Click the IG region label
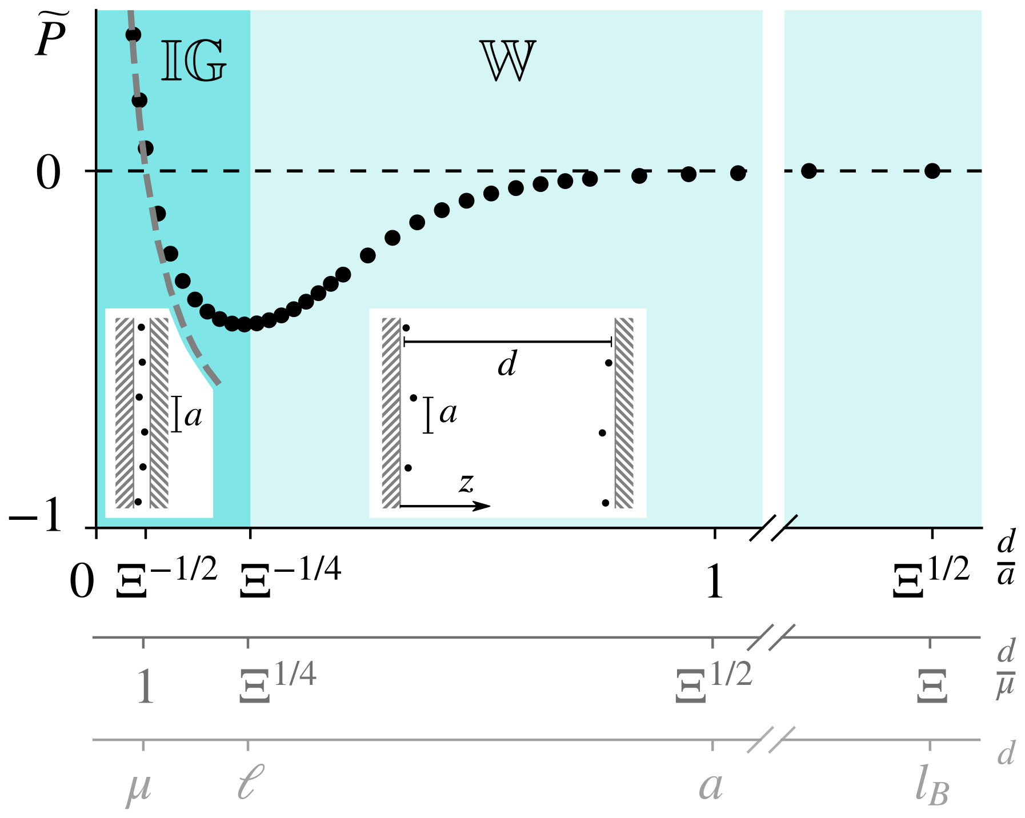point(194,61)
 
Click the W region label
point(507,61)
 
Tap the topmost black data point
point(133,35)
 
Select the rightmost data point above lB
point(932,170)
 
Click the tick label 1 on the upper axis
point(145,686)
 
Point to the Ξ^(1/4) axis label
point(278,683)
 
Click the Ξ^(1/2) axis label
point(714,683)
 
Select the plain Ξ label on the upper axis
point(932,686)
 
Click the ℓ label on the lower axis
point(250,783)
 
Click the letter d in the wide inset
point(507,363)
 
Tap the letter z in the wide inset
point(466,483)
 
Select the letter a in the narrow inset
point(193,415)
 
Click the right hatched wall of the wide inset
point(624,413)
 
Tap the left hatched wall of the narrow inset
point(124,413)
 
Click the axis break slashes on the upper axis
point(771,637)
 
